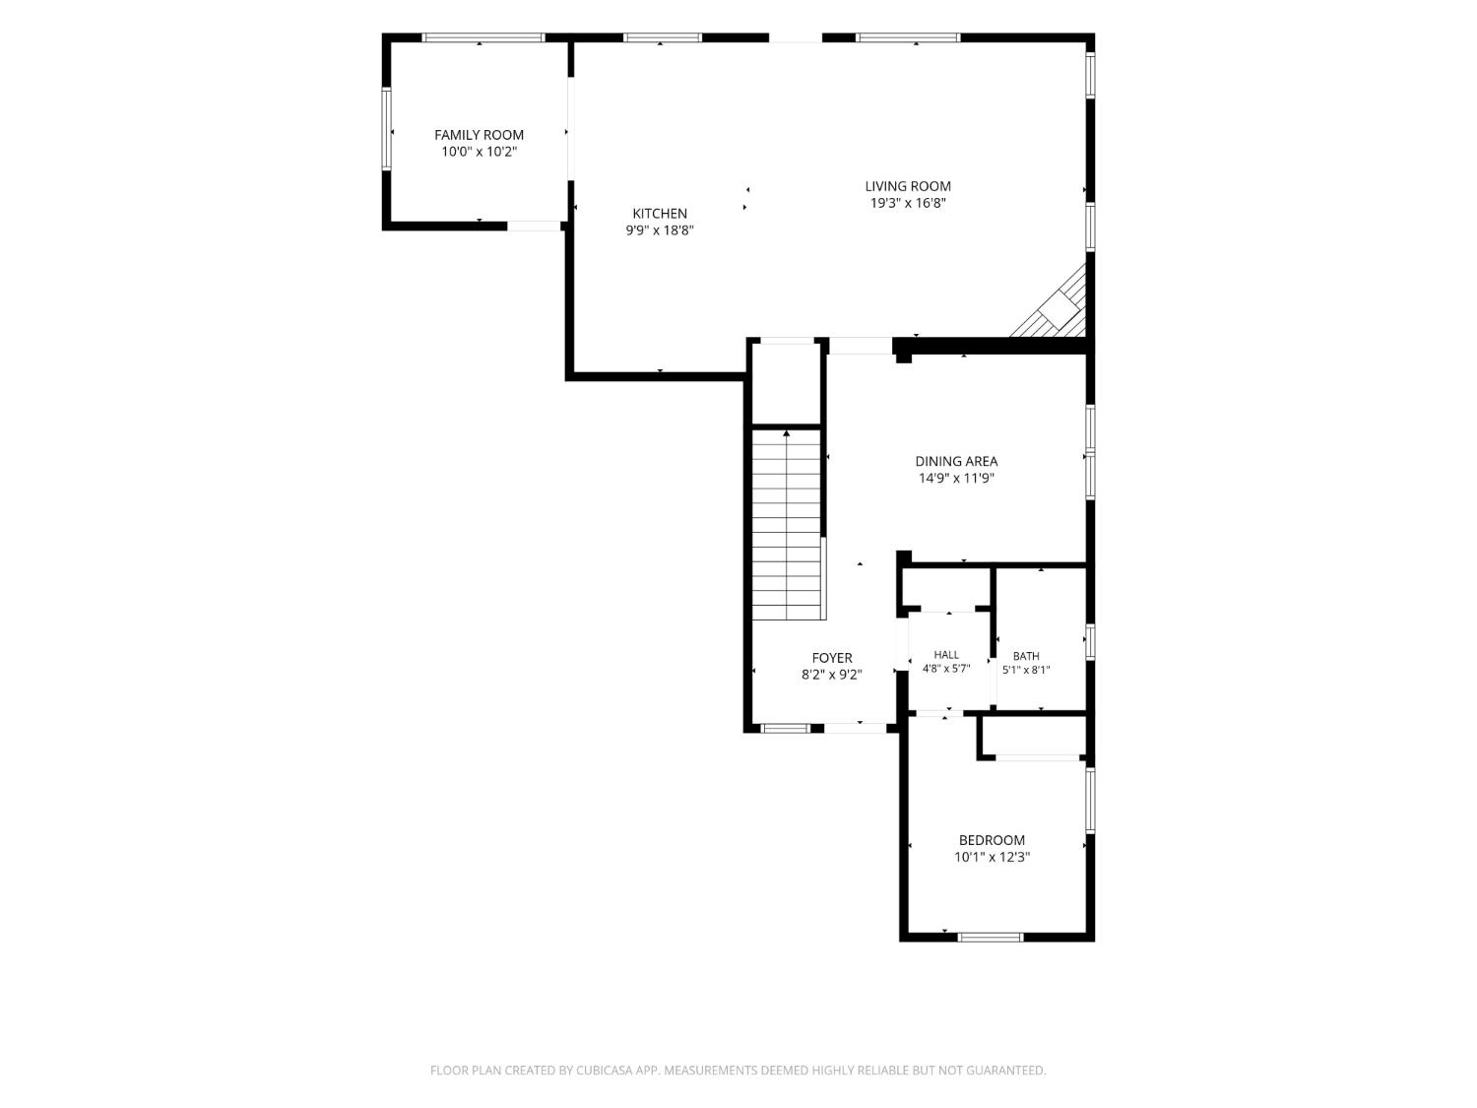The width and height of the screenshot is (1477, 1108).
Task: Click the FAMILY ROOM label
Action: coord(479,135)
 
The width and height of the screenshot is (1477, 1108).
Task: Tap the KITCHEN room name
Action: coord(660,214)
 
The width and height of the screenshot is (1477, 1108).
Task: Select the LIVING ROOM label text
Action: coord(908,186)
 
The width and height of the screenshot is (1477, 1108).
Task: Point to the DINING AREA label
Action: coord(956,462)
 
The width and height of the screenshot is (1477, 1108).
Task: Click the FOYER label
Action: coord(832,658)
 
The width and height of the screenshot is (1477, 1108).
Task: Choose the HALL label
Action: coord(946,655)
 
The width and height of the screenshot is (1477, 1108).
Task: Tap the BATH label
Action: coord(1026,656)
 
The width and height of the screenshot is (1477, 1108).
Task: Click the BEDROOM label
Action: coord(992,840)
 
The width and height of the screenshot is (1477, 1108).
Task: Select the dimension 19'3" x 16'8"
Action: coord(908,203)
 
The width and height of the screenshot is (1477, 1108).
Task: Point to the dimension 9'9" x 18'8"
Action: coord(660,230)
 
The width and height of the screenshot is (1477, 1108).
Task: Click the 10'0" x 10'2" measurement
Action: coord(479,152)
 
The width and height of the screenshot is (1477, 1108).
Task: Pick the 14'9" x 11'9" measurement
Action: coord(956,479)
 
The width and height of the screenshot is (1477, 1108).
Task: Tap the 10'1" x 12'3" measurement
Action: coord(992,857)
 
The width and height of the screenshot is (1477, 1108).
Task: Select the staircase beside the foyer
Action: coord(786,524)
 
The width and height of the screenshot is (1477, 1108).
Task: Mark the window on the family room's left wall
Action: coord(387,129)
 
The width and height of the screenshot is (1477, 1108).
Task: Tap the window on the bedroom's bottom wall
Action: coord(990,938)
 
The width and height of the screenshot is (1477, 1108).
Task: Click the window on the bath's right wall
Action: coord(1090,641)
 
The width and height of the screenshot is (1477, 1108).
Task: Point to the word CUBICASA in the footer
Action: coord(604,1071)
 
